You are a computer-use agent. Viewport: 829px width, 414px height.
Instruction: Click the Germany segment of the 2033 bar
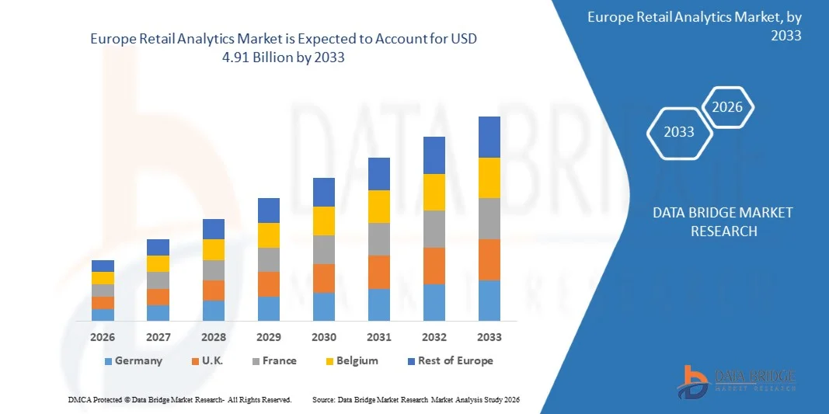click(489, 301)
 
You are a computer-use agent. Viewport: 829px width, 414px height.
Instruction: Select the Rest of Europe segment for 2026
click(103, 266)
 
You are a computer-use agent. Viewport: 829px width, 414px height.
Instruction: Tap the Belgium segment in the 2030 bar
click(323, 221)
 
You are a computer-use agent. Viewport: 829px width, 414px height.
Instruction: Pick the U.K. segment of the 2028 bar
click(213, 290)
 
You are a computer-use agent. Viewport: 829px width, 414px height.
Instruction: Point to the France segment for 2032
click(434, 229)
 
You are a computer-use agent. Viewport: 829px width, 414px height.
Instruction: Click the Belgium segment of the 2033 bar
click(489, 178)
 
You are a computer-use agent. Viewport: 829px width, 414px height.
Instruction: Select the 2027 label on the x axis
click(158, 337)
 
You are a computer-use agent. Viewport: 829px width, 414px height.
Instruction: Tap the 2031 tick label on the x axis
click(378, 337)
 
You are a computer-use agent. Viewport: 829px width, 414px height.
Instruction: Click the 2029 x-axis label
click(268, 337)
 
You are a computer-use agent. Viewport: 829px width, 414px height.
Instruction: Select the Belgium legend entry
click(351, 360)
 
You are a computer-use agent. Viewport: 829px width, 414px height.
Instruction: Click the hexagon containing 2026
click(728, 107)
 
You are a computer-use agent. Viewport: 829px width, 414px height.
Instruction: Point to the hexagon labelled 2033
click(679, 132)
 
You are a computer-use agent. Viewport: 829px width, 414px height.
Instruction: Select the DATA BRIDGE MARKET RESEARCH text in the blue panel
click(722, 222)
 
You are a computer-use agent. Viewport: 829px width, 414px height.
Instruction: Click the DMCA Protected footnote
click(179, 399)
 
